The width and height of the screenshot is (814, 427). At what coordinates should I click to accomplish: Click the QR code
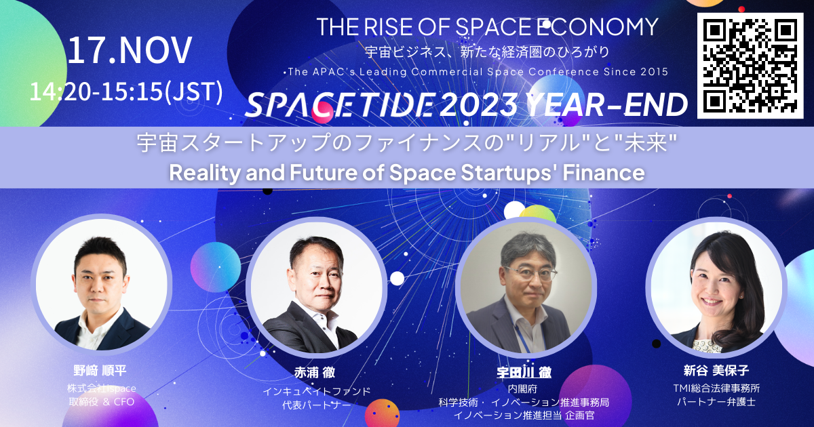click(750, 66)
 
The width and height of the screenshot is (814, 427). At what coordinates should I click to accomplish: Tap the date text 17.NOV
click(130, 50)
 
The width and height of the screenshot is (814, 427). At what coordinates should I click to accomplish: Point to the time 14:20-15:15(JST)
click(126, 91)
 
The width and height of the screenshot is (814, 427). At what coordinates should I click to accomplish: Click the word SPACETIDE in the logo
click(340, 104)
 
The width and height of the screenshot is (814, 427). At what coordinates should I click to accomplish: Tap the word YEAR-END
click(606, 104)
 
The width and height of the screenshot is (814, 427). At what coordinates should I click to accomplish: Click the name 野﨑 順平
click(100, 371)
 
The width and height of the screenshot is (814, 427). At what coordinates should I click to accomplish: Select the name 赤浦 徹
click(315, 372)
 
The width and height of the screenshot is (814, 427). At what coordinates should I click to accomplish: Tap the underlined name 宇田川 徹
click(524, 372)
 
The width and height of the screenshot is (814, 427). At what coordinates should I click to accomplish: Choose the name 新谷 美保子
click(716, 370)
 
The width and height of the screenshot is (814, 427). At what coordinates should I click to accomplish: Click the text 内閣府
click(522, 389)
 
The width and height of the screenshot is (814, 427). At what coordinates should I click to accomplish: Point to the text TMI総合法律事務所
click(716, 388)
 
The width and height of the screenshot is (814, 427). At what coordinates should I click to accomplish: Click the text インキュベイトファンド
click(317, 392)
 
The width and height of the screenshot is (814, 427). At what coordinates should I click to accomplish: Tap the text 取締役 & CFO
click(101, 402)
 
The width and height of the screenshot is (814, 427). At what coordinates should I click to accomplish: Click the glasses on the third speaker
click(531, 272)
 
